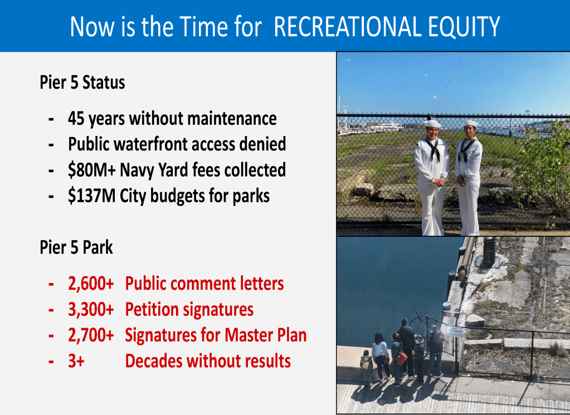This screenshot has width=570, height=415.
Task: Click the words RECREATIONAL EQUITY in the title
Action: click(387, 27)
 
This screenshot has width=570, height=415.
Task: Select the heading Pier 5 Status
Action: click(82, 82)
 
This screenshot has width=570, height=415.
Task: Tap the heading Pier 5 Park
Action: click(76, 247)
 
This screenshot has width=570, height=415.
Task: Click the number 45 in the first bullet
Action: click(76, 119)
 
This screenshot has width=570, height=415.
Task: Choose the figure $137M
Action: click(91, 196)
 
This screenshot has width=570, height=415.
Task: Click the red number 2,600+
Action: click(91, 284)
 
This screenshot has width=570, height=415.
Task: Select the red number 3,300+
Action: click(91, 310)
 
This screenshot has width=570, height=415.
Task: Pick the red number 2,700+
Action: click(91, 335)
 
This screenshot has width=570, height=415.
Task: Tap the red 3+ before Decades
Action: click(76, 361)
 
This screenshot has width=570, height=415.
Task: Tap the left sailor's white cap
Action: click(432, 124)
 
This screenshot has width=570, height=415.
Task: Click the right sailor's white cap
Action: click(470, 124)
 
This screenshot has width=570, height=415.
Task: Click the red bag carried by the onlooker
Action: click(402, 358)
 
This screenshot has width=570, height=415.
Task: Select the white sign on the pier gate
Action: click(455, 330)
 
